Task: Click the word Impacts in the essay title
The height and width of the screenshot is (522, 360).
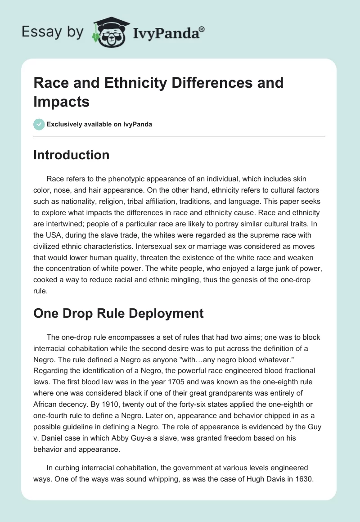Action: (x=61, y=101)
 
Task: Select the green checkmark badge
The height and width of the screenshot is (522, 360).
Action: (x=39, y=124)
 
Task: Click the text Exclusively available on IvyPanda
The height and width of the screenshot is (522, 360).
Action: (x=99, y=124)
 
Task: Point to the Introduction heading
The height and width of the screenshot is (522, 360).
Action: (x=71, y=155)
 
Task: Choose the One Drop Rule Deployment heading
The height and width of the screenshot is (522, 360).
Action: (x=118, y=313)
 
